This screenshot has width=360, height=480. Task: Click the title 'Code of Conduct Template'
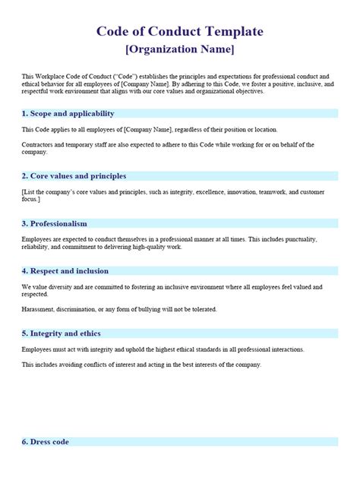(x=180, y=32)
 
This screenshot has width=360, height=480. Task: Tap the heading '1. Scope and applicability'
(x=68, y=113)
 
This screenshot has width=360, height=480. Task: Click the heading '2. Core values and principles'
(x=74, y=176)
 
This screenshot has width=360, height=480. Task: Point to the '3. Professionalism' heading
(x=54, y=224)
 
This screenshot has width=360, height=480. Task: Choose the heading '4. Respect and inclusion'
(x=65, y=271)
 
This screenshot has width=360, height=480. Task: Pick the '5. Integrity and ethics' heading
(x=61, y=333)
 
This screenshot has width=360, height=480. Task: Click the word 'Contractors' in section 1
(x=38, y=145)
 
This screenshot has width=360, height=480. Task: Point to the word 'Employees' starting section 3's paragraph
(x=39, y=239)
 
